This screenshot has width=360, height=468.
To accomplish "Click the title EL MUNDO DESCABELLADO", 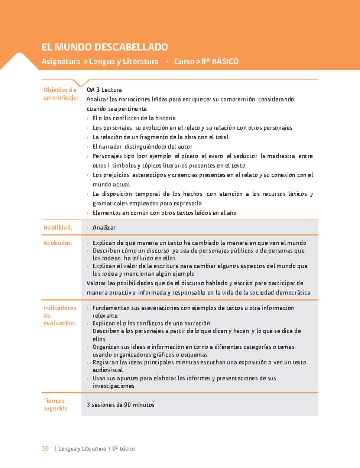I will point(105,47).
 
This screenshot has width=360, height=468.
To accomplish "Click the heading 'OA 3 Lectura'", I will point(104,90).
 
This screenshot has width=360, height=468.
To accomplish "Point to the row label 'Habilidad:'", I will point(58,228).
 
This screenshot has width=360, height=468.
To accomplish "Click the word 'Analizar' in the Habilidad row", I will point(104,228).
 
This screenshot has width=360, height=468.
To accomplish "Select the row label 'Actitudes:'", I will point(58,243).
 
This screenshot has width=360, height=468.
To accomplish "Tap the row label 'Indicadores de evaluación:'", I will point(60,316).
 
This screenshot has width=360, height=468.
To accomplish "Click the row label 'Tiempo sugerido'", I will point(55,404).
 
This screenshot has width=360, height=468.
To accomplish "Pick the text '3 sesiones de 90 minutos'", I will point(120,405).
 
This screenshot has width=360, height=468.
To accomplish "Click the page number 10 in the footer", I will point(45,449).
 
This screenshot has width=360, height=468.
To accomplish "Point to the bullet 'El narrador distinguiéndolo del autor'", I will point(142,147).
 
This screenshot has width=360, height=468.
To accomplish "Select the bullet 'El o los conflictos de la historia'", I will point(134,118).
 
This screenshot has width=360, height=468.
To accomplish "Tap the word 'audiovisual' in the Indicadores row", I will point(108,370).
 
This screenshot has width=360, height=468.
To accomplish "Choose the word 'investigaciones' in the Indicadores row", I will point(113,386).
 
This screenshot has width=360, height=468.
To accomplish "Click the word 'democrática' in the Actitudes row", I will point(293,293).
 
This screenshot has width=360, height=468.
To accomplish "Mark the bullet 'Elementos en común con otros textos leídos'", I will point(164,213).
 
